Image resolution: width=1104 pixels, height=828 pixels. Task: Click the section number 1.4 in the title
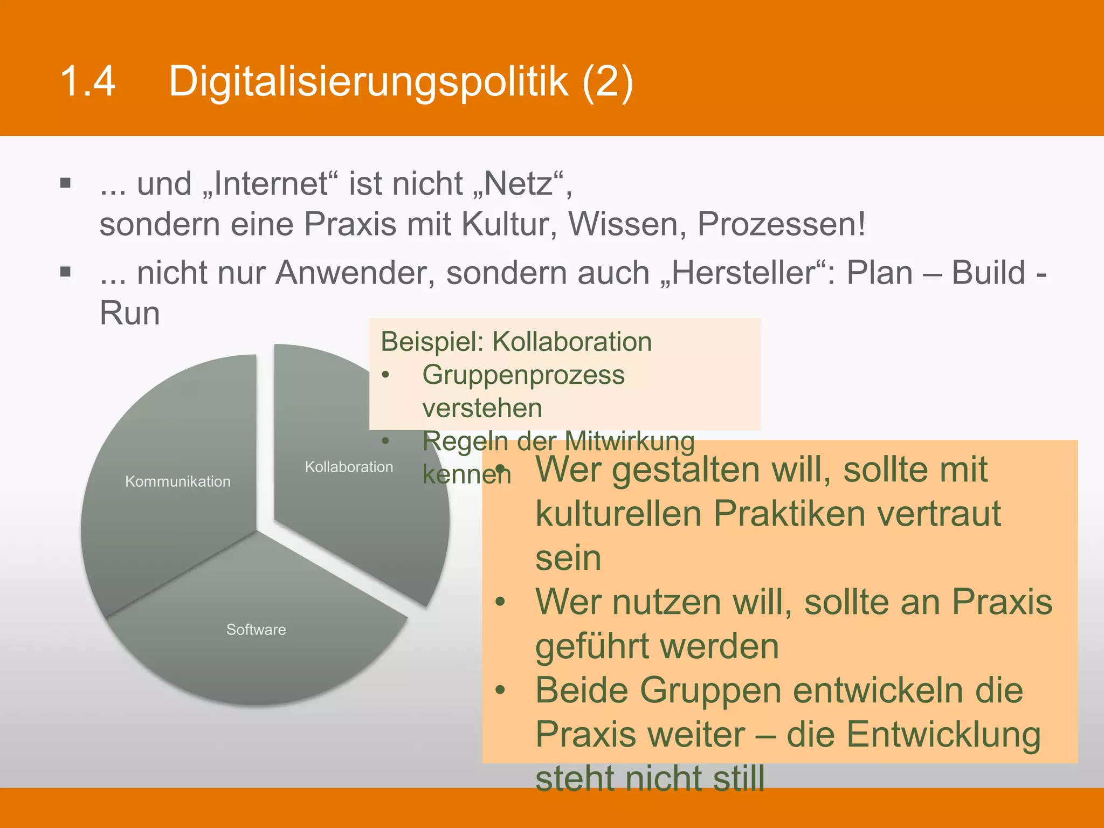[x=88, y=81]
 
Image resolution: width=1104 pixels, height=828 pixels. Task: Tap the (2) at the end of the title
[x=607, y=82]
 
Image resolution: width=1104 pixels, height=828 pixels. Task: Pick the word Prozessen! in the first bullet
[x=781, y=224]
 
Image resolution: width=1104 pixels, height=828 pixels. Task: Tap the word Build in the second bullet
[x=988, y=273]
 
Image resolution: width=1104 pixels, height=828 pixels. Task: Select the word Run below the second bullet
[x=130, y=313]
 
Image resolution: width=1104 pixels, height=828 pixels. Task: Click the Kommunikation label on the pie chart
[x=178, y=481]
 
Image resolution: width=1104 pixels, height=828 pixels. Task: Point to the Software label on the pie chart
[x=256, y=630]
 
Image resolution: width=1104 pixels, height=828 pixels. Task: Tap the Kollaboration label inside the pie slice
[x=349, y=467]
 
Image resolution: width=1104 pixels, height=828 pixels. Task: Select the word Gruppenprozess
[x=523, y=375]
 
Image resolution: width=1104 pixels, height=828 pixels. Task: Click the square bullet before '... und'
[x=66, y=183]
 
